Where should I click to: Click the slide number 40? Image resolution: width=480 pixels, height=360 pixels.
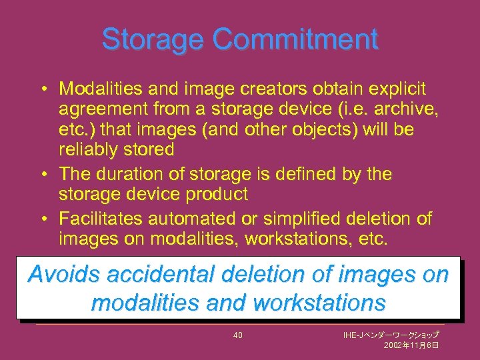pos(238,335)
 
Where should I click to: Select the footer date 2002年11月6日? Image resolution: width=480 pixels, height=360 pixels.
pos(411,346)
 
